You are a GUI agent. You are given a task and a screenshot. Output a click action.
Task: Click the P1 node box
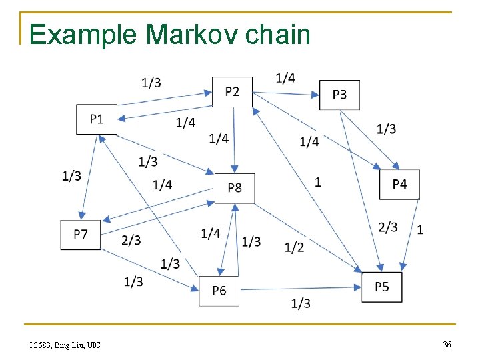point(97,119)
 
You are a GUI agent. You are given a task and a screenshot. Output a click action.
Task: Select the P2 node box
point(232,91)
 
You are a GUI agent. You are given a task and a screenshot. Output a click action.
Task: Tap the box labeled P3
point(339,95)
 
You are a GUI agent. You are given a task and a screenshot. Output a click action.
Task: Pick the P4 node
point(399,184)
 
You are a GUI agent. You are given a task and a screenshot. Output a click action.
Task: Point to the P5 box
point(382,287)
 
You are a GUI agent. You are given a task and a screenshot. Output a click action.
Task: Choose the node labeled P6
point(219,290)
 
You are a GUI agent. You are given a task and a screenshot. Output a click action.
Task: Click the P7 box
point(81,234)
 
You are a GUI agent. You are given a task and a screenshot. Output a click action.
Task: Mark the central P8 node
point(235,187)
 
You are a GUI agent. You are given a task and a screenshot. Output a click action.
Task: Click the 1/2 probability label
point(294,247)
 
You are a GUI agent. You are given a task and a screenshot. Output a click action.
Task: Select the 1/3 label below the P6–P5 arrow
point(301,303)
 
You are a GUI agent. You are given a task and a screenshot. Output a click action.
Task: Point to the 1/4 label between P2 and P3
point(285,78)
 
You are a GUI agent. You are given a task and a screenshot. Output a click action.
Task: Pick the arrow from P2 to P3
point(287,93)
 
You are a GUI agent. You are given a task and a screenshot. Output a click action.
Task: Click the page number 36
point(447,344)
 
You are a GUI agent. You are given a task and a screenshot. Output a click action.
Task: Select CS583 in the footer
point(40,345)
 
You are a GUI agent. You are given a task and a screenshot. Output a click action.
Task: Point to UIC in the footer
point(93,345)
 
